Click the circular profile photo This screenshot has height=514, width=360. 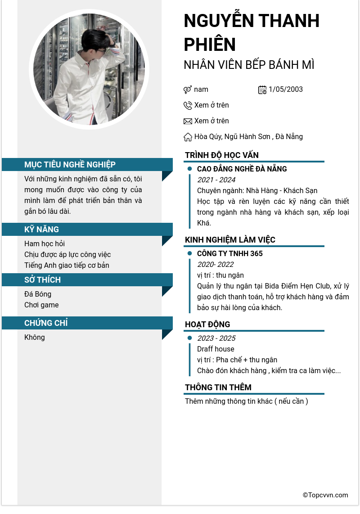(x=89, y=69)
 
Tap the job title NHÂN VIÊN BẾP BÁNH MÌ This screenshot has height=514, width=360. (x=249, y=65)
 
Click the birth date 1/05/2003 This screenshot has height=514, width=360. (x=286, y=90)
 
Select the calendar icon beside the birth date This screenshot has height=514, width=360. (x=262, y=90)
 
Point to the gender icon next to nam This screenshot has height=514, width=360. (x=188, y=90)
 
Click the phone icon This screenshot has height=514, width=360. (x=188, y=105)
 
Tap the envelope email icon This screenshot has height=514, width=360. (x=188, y=121)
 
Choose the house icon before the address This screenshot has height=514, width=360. (x=188, y=137)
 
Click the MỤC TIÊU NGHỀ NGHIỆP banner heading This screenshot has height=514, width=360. (x=70, y=165)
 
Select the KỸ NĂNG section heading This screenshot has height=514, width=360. (x=41, y=230)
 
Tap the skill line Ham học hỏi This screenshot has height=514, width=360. (x=45, y=244)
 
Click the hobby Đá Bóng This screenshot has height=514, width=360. (x=38, y=294)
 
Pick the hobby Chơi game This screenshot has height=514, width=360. (x=41, y=305)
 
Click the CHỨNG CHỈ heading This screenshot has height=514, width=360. (x=46, y=323)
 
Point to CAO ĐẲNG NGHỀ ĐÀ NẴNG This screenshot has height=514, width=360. (x=242, y=169)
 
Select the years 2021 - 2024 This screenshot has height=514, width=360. (x=216, y=180)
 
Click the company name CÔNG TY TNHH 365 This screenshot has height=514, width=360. (x=229, y=254)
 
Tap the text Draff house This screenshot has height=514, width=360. (x=216, y=349)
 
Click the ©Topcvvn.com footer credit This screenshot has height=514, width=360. (x=325, y=495)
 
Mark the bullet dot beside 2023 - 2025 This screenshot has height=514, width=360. (x=189, y=338)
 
